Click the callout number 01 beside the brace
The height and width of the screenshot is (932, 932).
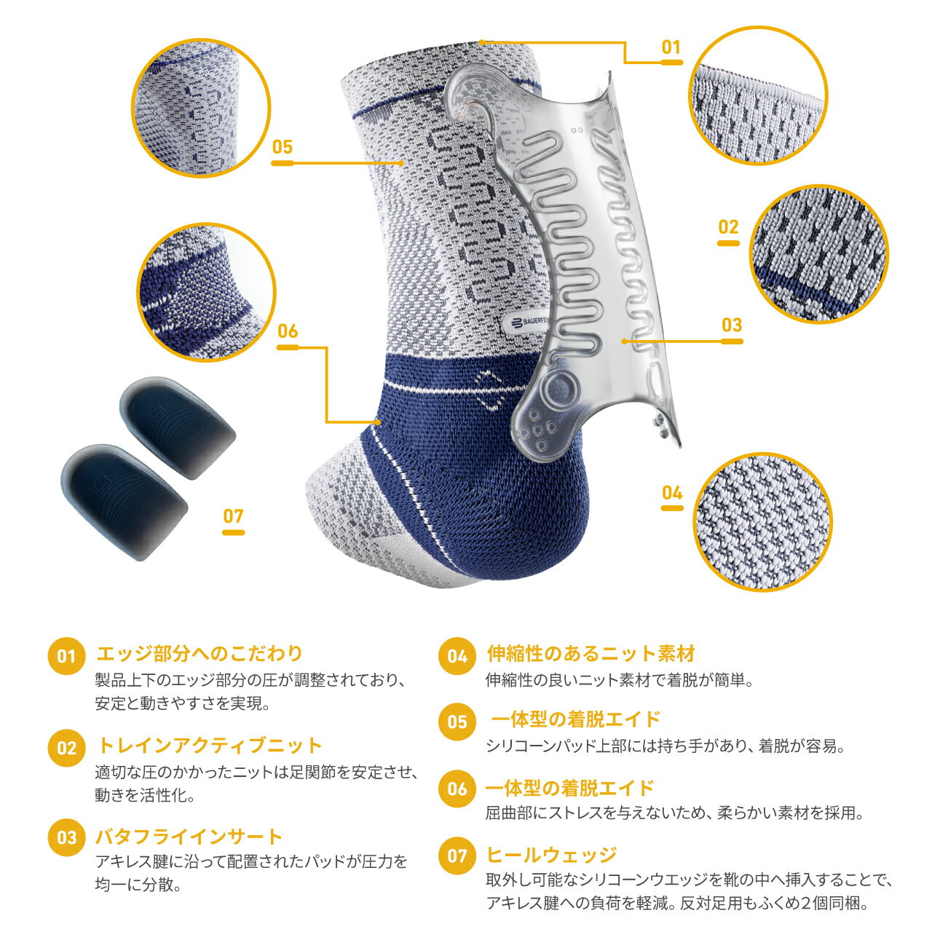coord(671,47)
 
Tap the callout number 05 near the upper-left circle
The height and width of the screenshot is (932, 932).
coord(283,147)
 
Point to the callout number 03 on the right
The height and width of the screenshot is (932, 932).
coord(732,325)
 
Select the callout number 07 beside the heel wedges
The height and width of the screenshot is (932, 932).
coord(233,516)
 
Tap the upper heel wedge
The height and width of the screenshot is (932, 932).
coord(178,427)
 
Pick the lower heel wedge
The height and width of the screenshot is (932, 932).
coord(124,502)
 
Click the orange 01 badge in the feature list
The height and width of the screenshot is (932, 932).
coord(66,656)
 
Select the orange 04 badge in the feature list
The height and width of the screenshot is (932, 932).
coord(457,656)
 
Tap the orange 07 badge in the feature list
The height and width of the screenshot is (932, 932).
coord(457,856)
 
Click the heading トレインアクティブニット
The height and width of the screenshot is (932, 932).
coord(210,746)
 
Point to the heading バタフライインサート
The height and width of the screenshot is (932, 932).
coord(189,836)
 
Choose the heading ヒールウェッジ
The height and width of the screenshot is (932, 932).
coord(552,855)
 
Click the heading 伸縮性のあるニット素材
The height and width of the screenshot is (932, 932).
coord(591,653)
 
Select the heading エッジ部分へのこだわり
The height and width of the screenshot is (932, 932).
coord(200,653)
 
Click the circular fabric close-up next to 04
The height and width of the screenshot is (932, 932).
coord(763,522)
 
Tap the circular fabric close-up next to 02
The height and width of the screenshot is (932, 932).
coord(819,254)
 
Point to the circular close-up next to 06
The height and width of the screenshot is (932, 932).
coord(207,292)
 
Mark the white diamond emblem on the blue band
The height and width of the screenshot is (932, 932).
coord(491,390)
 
